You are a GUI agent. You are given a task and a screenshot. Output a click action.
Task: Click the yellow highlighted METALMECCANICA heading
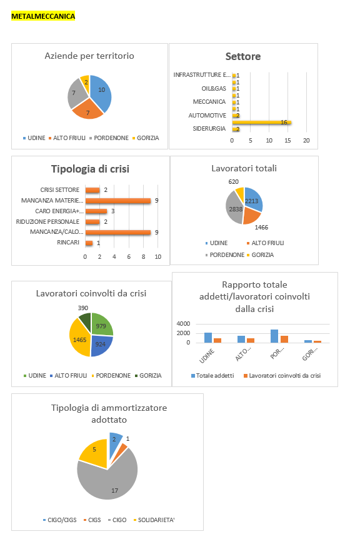click(x=43, y=16)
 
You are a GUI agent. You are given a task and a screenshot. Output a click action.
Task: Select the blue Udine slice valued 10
click(x=102, y=91)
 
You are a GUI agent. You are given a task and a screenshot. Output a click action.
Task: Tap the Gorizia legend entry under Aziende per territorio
click(x=146, y=138)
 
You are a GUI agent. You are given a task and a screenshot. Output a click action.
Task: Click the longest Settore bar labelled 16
click(x=261, y=122)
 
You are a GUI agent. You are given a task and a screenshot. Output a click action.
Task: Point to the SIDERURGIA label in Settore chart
click(x=209, y=129)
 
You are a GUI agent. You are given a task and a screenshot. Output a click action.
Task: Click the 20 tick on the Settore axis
click(x=306, y=140)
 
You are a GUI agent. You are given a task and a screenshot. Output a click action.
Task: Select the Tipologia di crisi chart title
click(x=91, y=169)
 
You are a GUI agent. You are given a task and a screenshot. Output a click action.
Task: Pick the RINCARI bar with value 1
click(x=89, y=243)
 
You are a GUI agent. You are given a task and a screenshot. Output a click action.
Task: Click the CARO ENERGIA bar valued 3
click(x=96, y=211)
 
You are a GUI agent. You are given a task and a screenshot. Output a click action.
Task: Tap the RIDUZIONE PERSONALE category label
click(x=47, y=222)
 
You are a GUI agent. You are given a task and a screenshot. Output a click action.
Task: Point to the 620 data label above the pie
click(x=234, y=181)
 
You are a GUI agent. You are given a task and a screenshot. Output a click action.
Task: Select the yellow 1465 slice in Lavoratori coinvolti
click(x=79, y=338)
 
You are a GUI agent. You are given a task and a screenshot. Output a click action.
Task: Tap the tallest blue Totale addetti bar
click(x=274, y=336)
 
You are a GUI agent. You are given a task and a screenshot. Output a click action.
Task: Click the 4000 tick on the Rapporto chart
click(x=183, y=323)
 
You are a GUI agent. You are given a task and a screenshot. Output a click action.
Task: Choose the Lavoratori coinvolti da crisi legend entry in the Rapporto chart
click(x=282, y=376)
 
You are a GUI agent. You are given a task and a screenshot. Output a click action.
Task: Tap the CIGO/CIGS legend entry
click(x=60, y=520)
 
